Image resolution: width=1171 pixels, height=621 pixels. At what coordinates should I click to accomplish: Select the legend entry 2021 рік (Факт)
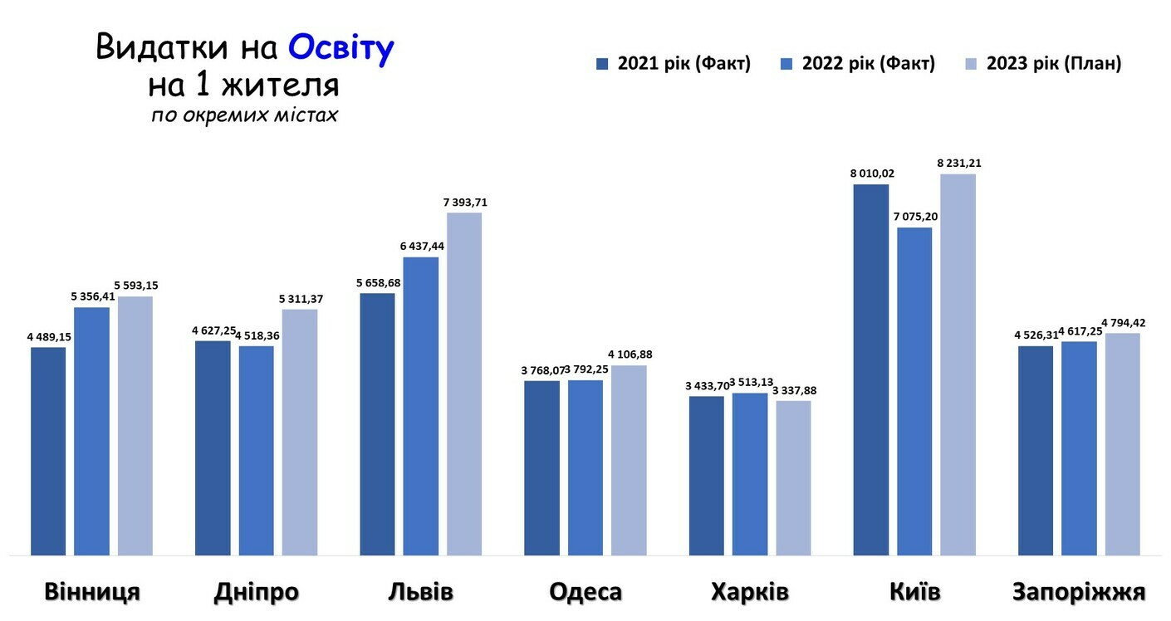tap(674, 64)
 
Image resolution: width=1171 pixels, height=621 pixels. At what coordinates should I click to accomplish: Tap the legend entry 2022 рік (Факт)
tap(858, 64)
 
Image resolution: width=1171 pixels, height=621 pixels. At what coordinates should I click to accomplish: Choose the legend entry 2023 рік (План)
tap(1043, 64)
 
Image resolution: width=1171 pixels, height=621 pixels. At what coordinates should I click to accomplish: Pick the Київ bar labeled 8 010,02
tap(871, 369)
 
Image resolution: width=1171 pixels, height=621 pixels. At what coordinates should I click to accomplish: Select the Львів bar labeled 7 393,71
tap(464, 384)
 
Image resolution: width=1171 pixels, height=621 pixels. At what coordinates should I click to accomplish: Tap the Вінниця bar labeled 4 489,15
tap(48, 451)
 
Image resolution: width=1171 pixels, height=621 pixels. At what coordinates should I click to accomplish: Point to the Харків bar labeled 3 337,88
tap(793, 477)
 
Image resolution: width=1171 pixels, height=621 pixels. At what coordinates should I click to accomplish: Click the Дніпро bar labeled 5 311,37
tap(300, 432)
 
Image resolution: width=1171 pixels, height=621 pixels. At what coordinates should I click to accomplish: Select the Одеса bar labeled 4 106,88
tap(629, 460)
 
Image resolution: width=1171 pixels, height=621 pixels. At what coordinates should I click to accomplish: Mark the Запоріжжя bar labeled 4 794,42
tap(1122, 444)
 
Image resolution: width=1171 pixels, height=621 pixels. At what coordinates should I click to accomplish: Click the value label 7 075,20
tap(914, 217)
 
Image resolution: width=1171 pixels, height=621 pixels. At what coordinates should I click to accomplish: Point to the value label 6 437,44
tap(421, 247)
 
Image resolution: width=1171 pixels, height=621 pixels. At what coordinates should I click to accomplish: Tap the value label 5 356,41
tap(92, 296)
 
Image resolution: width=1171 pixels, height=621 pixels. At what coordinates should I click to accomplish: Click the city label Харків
tap(750, 592)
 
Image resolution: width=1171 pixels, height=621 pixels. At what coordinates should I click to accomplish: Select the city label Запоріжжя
tap(1079, 592)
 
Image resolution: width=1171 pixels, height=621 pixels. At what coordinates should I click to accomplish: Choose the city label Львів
tap(421, 592)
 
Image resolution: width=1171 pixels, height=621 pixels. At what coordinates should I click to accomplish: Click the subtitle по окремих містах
tap(244, 115)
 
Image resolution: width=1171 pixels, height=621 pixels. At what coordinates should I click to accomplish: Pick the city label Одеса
tap(585, 592)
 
